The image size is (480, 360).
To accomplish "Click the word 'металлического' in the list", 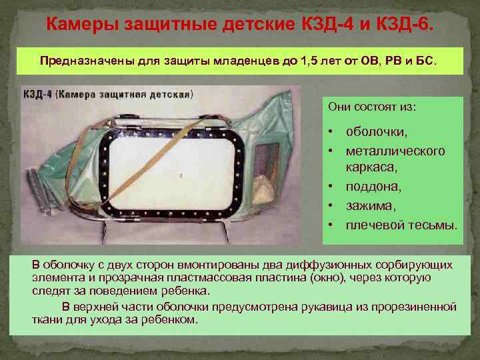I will click(x=395, y=151).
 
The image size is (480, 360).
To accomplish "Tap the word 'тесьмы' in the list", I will click(x=433, y=225).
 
